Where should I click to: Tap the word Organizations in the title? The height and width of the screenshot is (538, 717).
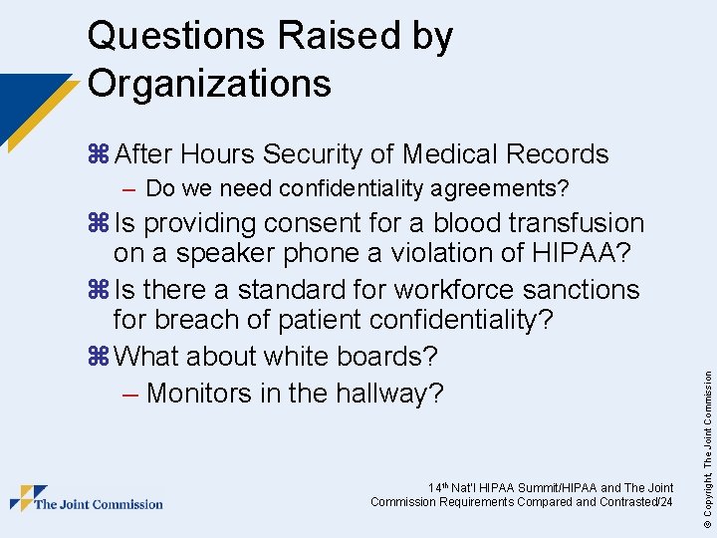209,83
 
